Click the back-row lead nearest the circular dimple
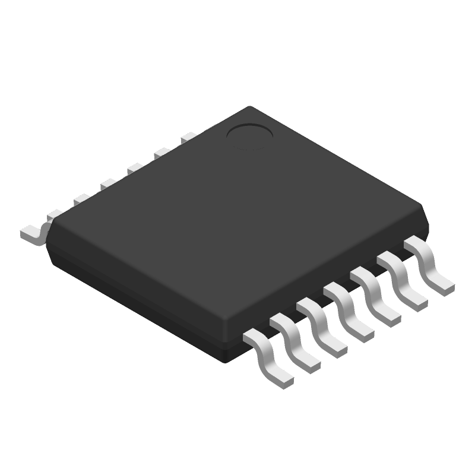click(x=189, y=137)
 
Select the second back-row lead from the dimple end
click(x=161, y=153)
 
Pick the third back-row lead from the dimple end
click(x=134, y=169)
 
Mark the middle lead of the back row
click(x=107, y=185)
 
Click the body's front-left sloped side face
click(x=137, y=303)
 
